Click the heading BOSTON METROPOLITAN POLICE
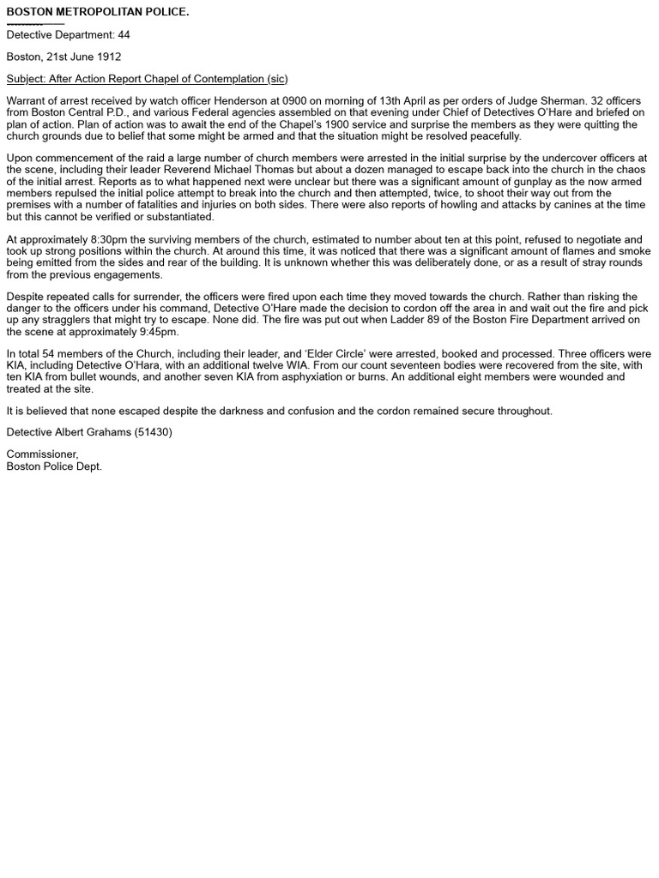click(98, 12)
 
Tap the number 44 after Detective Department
click(124, 35)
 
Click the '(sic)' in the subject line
click(277, 79)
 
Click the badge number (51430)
click(153, 432)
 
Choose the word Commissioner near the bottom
click(42, 454)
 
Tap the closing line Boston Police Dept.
click(54, 466)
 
